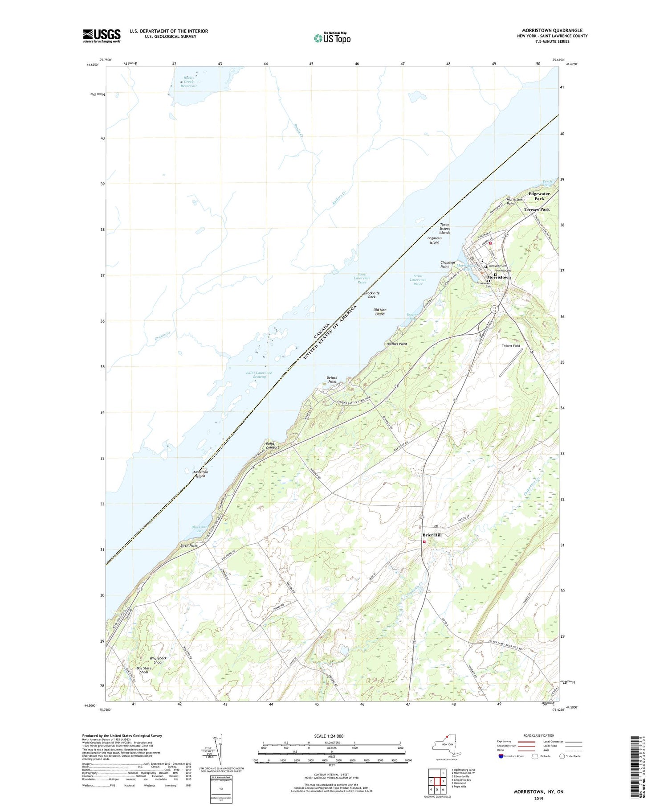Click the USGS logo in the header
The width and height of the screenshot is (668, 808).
102,36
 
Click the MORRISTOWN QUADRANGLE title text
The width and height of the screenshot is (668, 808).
552,30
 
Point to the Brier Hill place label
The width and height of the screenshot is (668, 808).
432,535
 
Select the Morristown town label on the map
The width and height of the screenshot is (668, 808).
499,277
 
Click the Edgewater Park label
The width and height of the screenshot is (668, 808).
539,196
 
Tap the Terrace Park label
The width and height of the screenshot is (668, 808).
536,209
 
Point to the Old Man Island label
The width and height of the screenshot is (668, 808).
380,312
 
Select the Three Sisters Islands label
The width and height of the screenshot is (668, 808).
444,229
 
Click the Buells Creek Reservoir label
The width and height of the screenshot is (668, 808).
186,82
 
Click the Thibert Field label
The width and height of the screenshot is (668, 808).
511,346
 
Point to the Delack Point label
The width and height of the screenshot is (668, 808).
332,379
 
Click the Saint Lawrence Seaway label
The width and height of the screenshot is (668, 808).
259,374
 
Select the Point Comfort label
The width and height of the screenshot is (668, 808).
273,445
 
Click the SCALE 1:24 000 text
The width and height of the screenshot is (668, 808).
329,736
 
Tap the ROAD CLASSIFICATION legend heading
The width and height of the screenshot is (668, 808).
539,735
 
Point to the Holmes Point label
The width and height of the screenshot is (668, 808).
396,344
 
